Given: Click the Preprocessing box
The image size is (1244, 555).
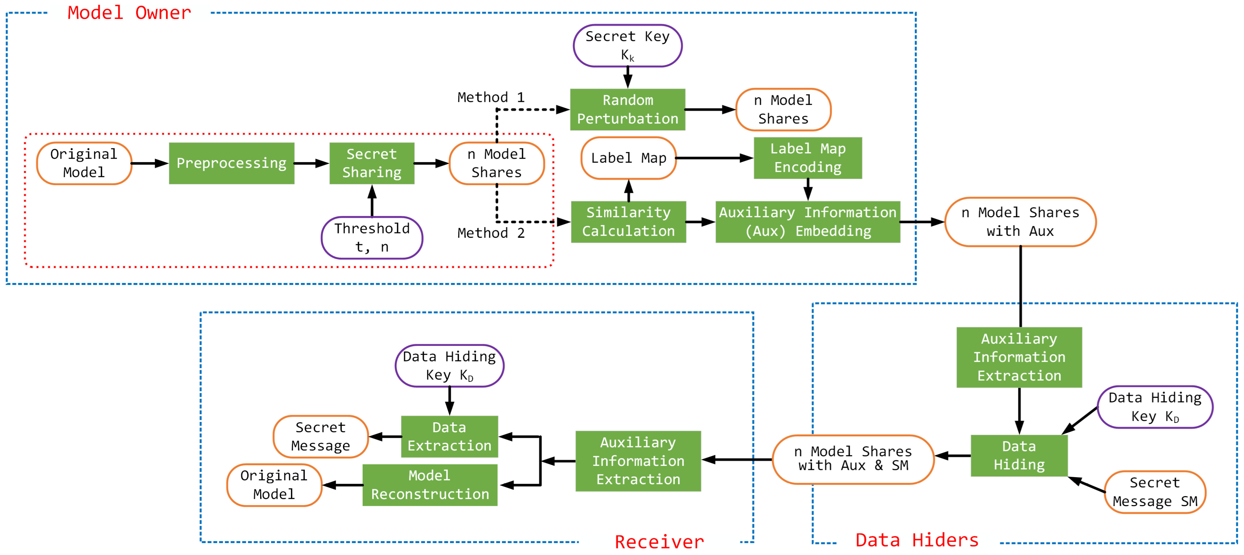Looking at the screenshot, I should point(231,163).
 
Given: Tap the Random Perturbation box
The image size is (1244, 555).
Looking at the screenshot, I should point(627,110).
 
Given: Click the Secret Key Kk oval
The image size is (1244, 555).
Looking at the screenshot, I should point(627,46).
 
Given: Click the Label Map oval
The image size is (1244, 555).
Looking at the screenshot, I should point(628,158).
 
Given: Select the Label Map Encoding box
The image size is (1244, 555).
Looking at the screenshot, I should point(808,158).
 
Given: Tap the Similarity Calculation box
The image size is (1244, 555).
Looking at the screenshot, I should point(628,222).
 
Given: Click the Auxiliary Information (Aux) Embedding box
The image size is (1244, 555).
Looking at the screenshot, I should point(808,222).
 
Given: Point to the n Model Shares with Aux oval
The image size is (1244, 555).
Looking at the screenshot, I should point(1020,222).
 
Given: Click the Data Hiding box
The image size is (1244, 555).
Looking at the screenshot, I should point(1019,456).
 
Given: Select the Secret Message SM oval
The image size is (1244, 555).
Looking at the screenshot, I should point(1155,492).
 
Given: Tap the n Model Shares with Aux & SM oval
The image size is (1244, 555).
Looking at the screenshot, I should point(853,459).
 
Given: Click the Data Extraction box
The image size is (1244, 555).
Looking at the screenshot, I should point(449,437).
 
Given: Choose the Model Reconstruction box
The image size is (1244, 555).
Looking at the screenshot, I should point(430,485).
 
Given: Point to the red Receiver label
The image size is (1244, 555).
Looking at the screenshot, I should point(659,542).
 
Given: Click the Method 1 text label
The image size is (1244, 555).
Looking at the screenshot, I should point(491,98).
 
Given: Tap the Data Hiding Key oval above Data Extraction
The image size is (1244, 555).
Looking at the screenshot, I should point(449,366).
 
